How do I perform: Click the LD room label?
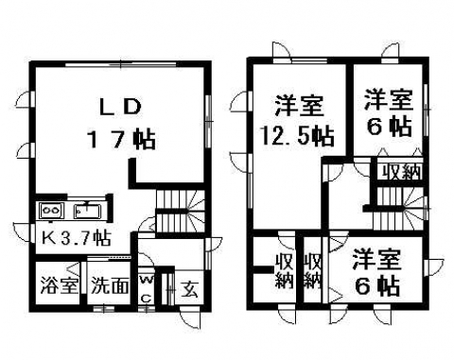click(119, 107)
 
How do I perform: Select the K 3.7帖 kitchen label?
click(77, 238)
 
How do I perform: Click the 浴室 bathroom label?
click(60, 286)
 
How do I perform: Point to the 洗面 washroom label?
click(110, 286)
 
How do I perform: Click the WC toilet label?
click(146, 289)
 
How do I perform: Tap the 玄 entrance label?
click(190, 288)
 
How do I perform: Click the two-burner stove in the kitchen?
click(51, 210)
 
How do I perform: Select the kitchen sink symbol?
click(88, 211)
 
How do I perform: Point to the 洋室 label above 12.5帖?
click(300, 106)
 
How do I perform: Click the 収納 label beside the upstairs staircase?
click(402, 172)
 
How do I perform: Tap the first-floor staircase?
click(180, 211)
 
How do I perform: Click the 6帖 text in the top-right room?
click(389, 128)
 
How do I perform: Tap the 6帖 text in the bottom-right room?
click(377, 285)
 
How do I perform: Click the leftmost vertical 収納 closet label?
click(285, 271)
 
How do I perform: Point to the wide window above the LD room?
click(121, 64)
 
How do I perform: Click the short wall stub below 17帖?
click(132, 172)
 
